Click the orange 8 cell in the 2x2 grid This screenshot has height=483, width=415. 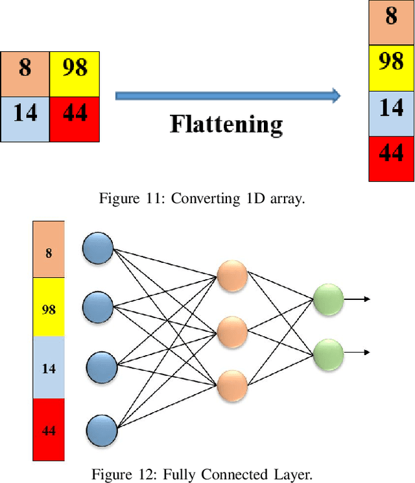pyautogui.click(x=25, y=74)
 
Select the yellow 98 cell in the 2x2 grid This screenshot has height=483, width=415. pyautogui.click(x=75, y=74)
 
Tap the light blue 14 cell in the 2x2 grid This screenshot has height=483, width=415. pyautogui.click(x=25, y=119)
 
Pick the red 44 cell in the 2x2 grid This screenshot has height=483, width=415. pyautogui.click(x=75, y=119)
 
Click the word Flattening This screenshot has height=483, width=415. pyautogui.click(x=226, y=124)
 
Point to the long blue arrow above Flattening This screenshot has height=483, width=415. pyautogui.click(x=228, y=96)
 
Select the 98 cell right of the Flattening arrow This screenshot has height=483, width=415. pyautogui.click(x=391, y=68)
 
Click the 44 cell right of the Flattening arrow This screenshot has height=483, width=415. pyautogui.click(x=391, y=159)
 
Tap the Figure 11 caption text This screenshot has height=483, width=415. pyautogui.click(x=201, y=199)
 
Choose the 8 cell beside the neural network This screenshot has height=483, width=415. pyautogui.click(x=49, y=250)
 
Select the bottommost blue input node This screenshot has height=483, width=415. pyautogui.click(x=101, y=430)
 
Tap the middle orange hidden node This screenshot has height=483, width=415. pyautogui.click(x=232, y=332)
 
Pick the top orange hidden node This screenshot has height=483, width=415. pyautogui.click(x=232, y=277)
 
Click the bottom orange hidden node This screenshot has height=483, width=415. pyautogui.click(x=232, y=386)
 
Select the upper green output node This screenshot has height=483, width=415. pyautogui.click(x=327, y=299)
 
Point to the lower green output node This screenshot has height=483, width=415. pyautogui.click(x=327, y=353)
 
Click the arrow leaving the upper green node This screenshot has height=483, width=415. pyautogui.click(x=357, y=299)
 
